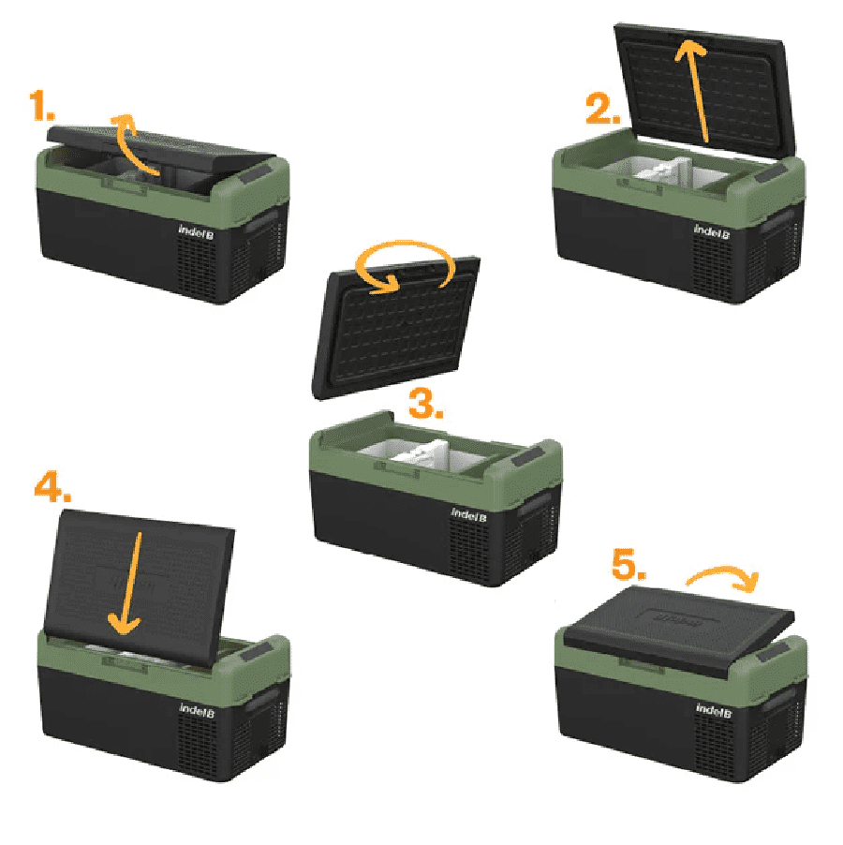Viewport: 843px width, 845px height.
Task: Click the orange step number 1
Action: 42,106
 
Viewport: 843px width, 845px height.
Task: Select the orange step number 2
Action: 603,110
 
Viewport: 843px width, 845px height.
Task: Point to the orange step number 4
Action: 52,487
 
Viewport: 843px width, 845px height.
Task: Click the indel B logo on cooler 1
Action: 196,231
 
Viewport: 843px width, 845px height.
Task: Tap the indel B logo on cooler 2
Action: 712,231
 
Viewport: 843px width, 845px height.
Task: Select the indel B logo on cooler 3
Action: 468,514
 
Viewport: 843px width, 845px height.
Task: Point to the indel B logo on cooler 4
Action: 197,710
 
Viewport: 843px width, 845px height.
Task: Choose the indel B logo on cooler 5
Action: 713,710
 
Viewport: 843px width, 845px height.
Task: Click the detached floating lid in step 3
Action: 396,328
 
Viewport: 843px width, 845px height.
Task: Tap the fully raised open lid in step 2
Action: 705,91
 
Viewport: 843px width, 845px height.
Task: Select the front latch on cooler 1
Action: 125,185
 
